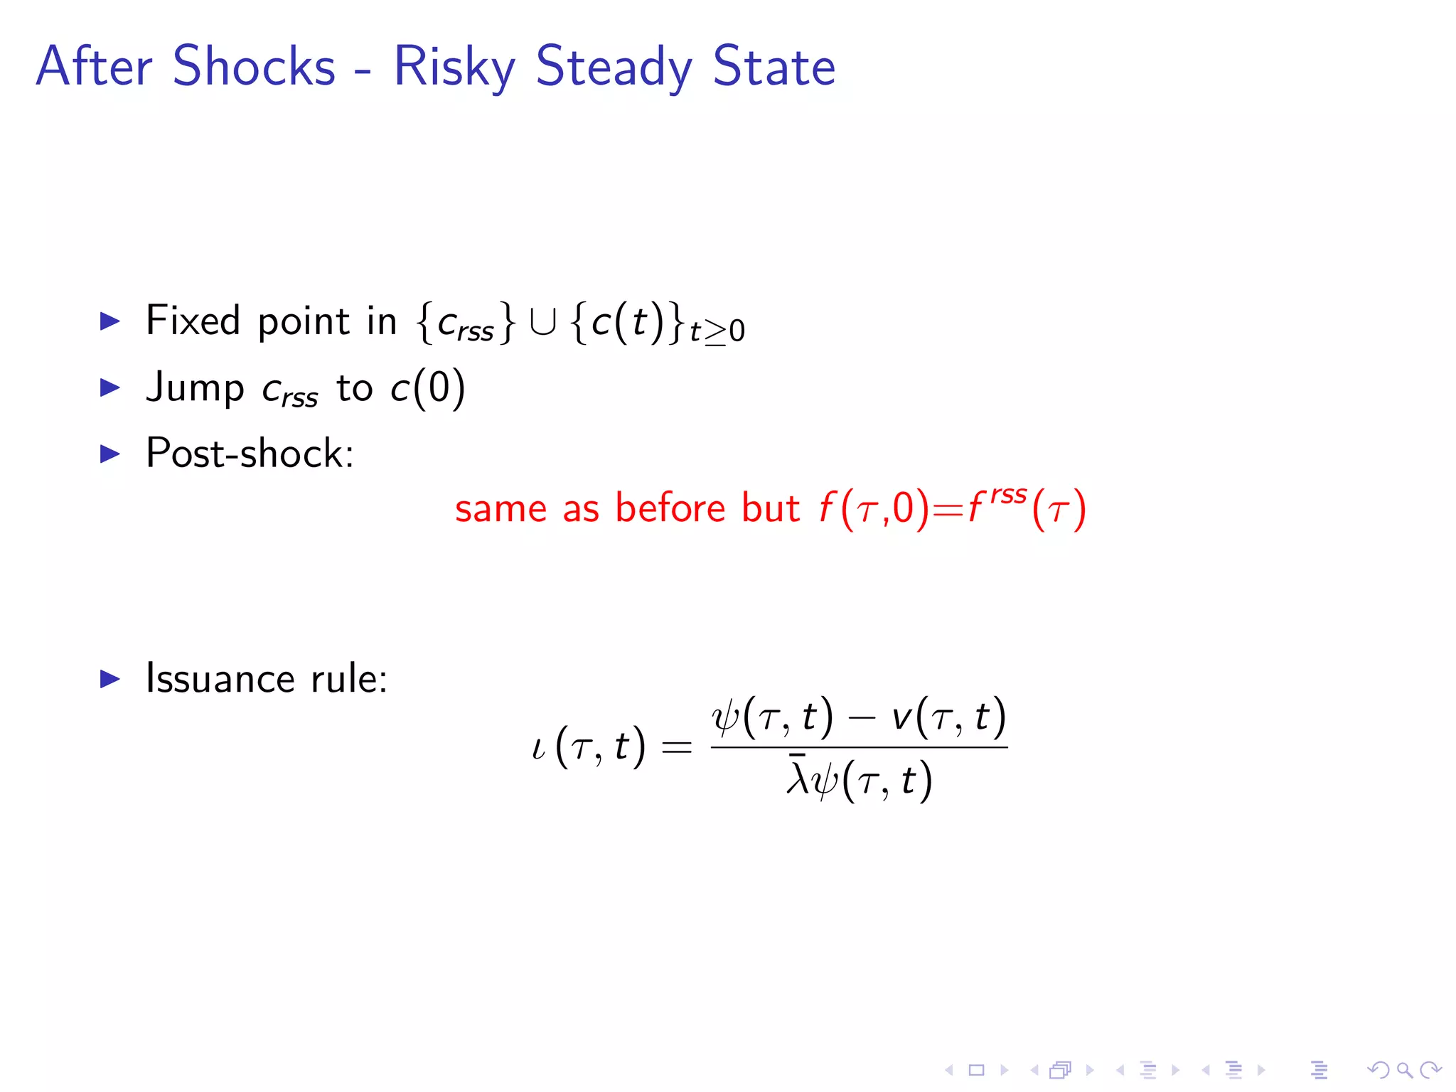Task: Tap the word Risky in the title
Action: (454, 68)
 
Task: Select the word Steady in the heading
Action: (614, 68)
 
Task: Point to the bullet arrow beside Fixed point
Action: (110, 321)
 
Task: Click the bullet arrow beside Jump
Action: (110, 387)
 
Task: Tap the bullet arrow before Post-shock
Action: (110, 454)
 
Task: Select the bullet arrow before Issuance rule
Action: (110, 679)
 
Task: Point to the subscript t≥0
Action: (717, 331)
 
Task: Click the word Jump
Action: (195, 388)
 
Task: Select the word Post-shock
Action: (250, 453)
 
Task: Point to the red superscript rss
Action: (1009, 495)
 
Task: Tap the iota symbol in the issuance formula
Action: (538, 748)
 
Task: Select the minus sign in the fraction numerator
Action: (862, 717)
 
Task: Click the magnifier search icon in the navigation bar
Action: (1404, 1069)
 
